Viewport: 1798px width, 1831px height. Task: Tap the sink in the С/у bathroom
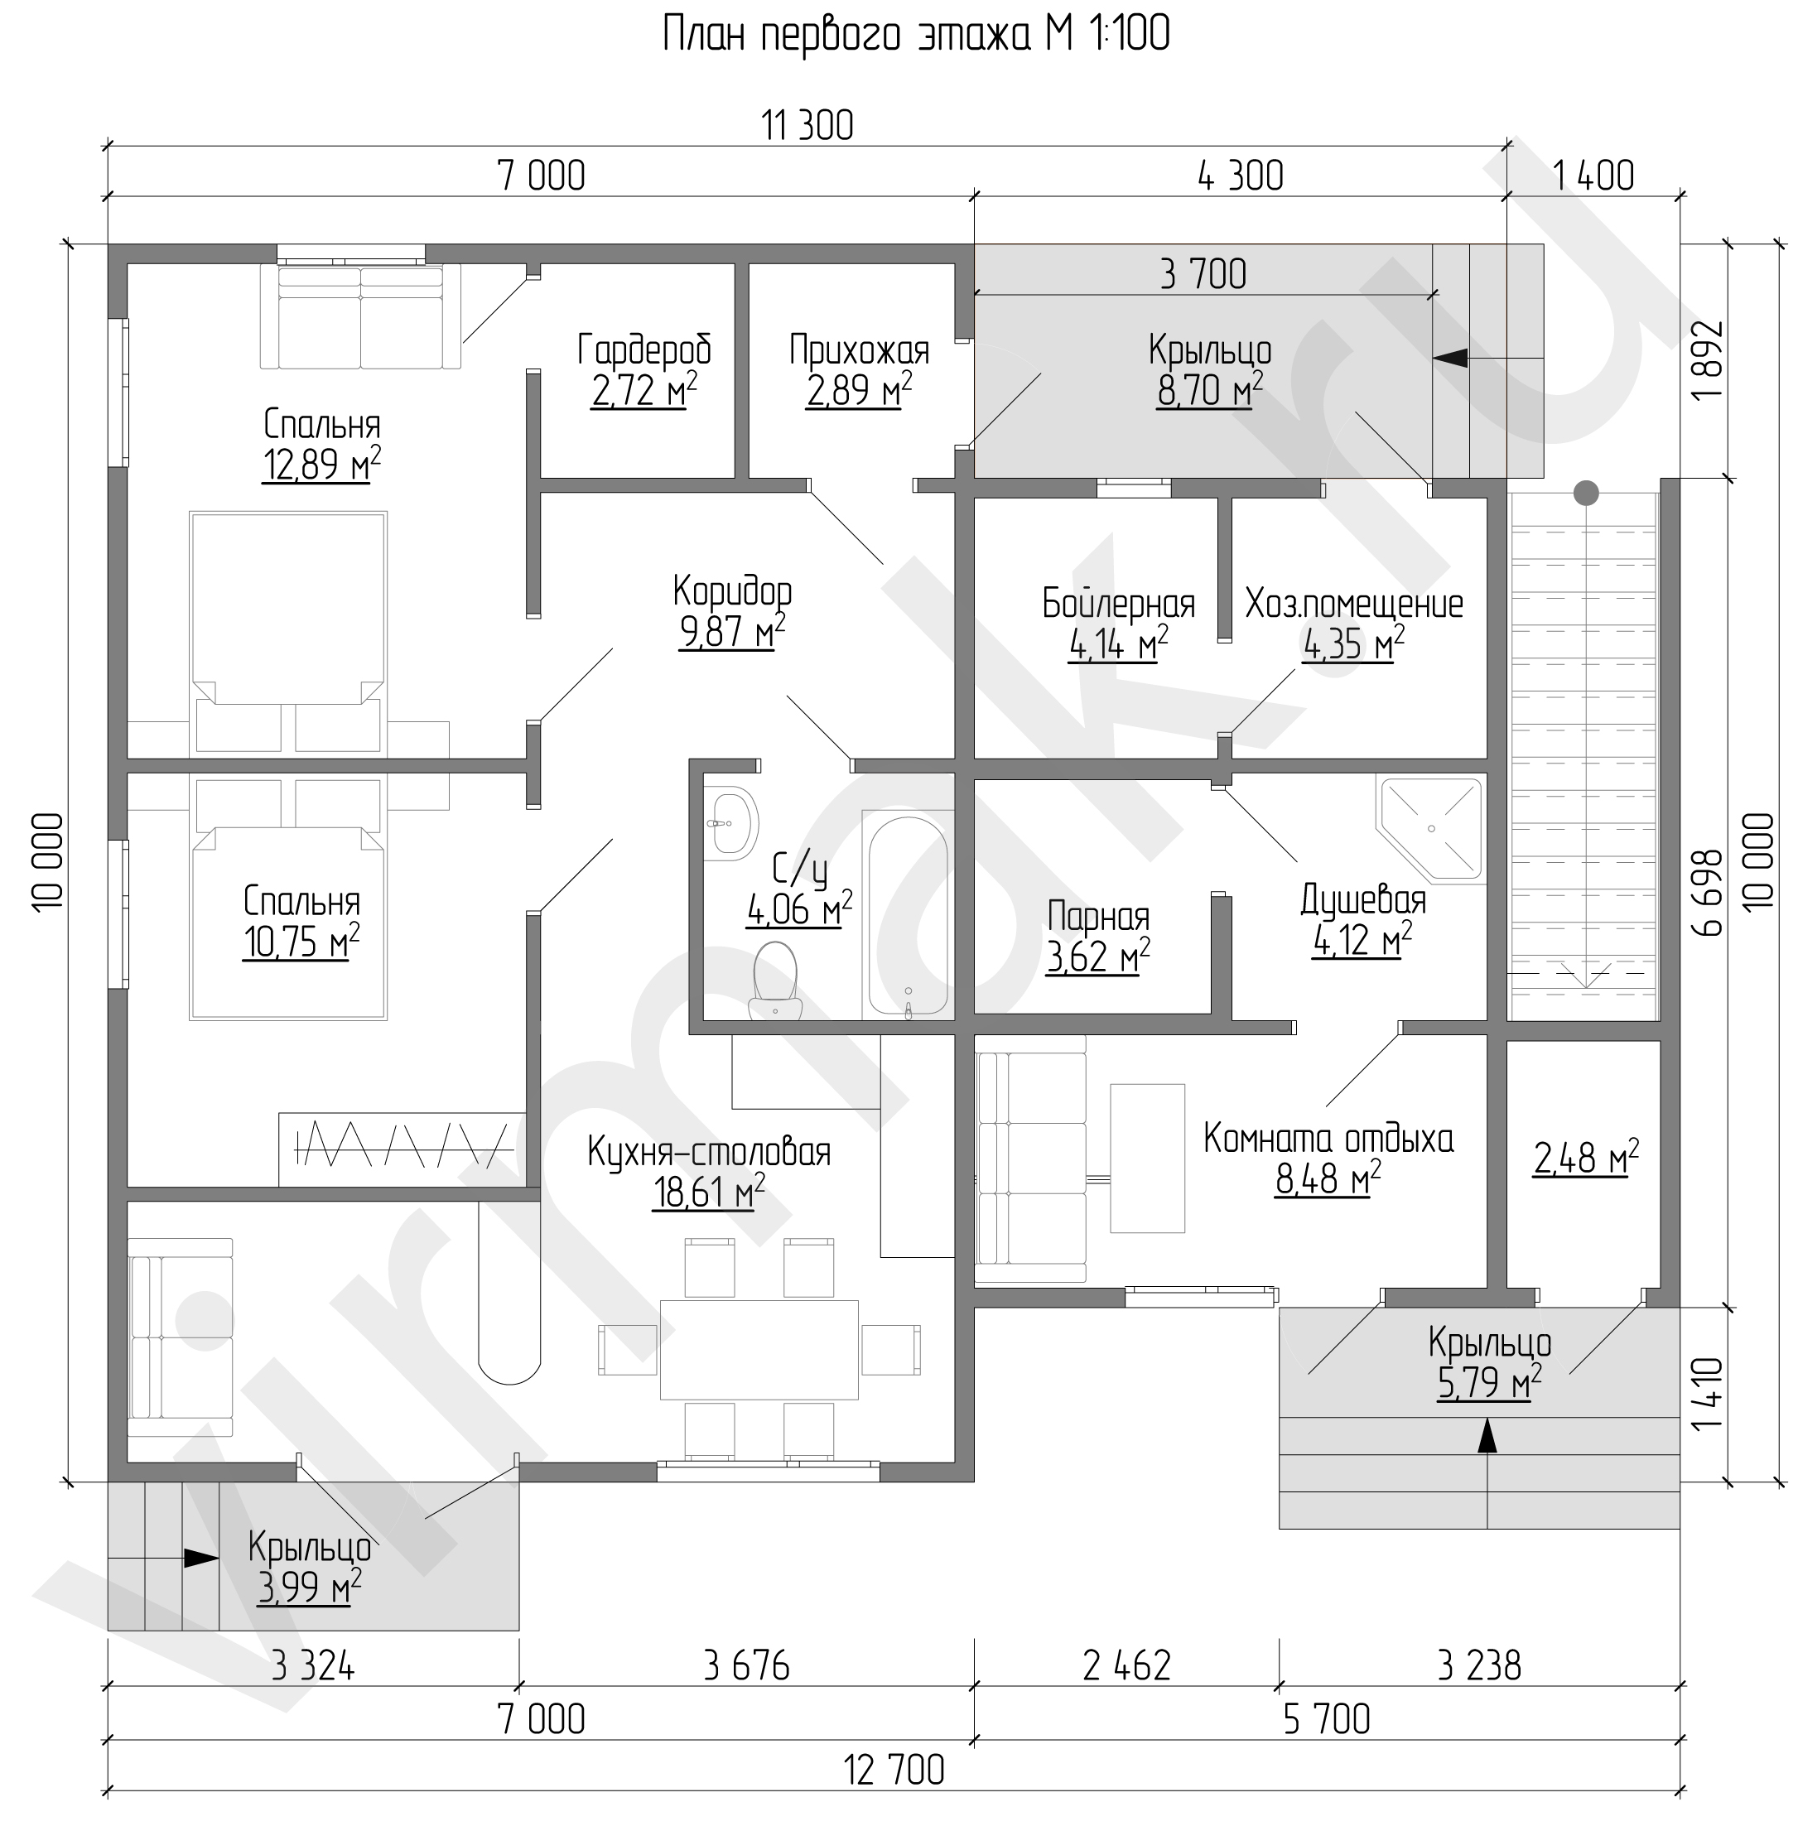731,822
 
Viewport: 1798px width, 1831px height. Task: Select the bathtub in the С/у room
907,917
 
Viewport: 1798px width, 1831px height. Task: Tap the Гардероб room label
644,350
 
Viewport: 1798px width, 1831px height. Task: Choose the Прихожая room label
860,350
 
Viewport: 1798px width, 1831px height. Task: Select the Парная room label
1099,916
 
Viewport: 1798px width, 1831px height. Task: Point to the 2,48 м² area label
1585,1157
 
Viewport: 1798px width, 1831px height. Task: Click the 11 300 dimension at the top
807,126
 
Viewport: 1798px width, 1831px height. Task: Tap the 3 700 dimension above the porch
1203,274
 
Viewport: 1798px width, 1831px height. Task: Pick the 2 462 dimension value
1126,1665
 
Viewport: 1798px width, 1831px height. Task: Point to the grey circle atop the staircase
1587,492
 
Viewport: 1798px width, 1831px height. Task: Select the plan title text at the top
916,35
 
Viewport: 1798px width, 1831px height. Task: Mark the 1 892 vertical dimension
1708,361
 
